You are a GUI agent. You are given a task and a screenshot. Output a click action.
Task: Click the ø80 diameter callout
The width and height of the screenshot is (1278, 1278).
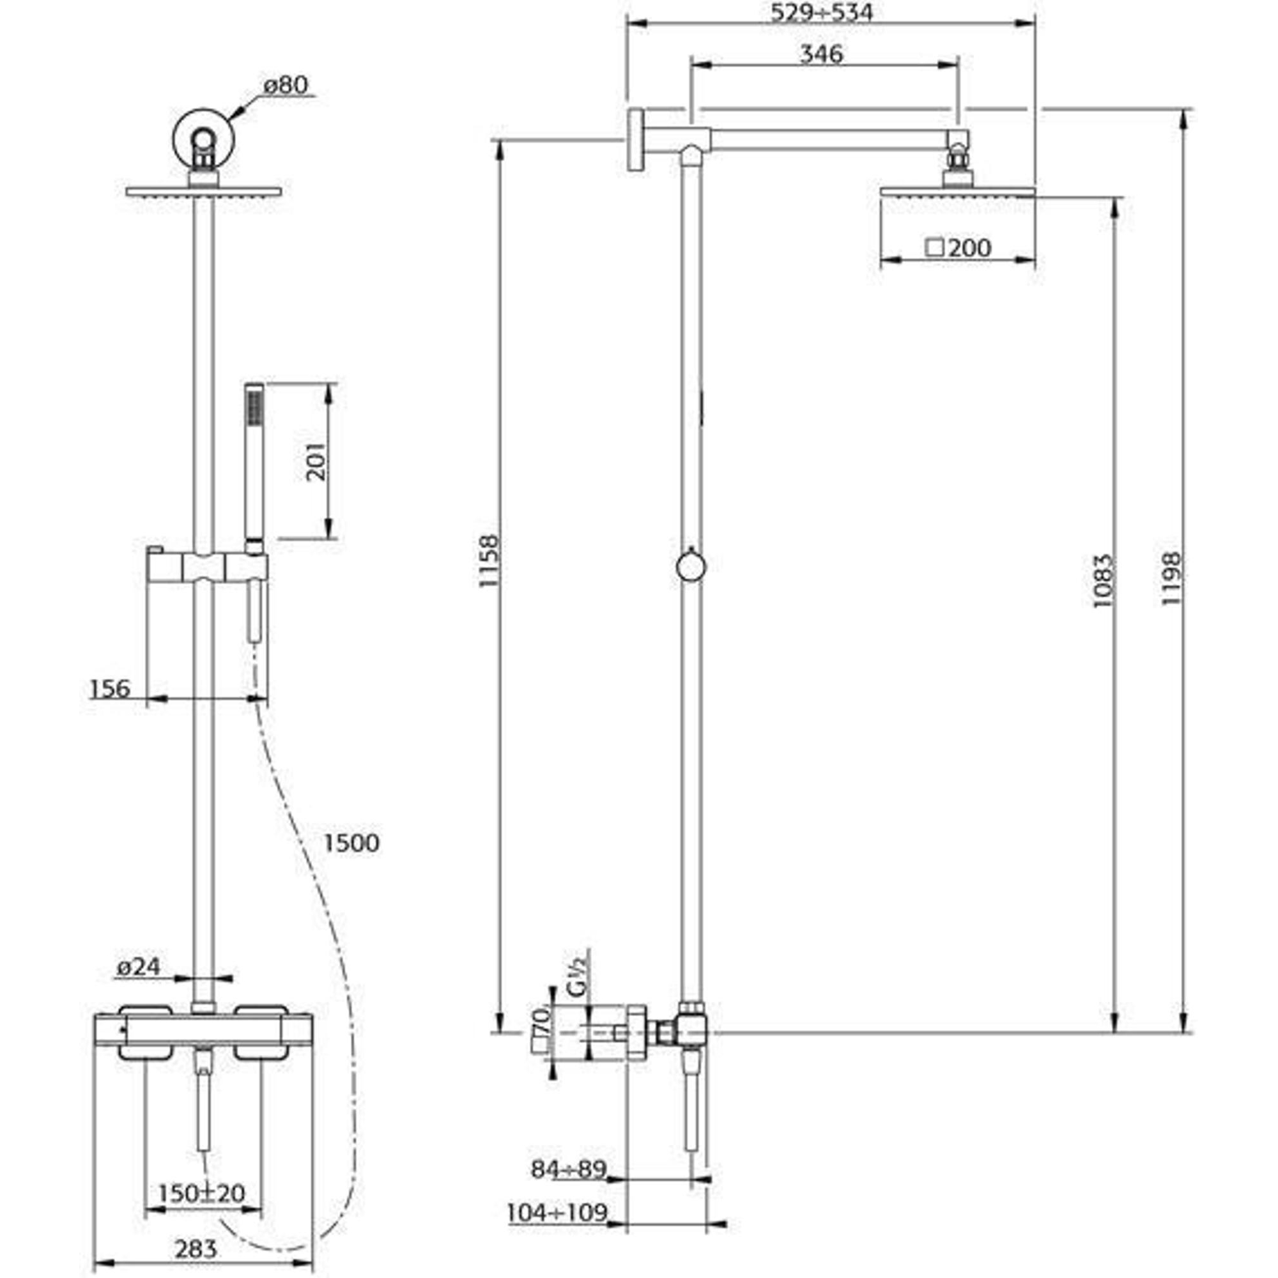(x=285, y=86)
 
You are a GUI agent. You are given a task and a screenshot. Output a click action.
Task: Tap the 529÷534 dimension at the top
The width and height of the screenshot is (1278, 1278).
(x=822, y=12)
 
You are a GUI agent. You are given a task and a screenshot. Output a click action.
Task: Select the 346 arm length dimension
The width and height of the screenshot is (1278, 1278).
(x=822, y=54)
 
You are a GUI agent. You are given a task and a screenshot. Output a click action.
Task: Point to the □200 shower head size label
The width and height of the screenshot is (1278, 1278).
(x=959, y=248)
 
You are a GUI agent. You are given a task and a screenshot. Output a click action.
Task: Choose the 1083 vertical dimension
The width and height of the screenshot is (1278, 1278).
(x=1103, y=581)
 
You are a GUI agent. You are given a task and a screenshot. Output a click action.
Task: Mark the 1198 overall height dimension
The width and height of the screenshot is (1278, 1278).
(x=1171, y=578)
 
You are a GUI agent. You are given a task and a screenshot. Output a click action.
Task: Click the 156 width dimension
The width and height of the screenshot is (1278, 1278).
(x=111, y=689)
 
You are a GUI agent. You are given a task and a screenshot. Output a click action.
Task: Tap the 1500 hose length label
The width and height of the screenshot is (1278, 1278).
(x=351, y=843)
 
